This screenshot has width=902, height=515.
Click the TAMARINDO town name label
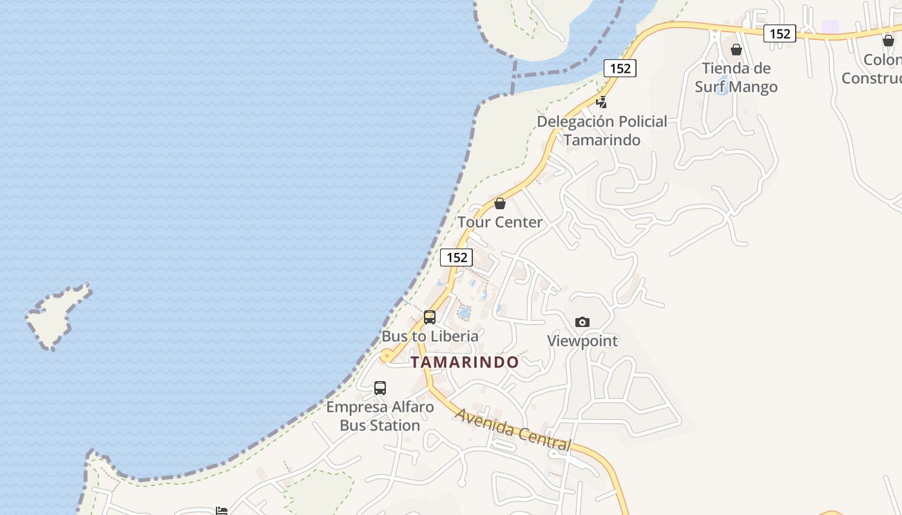click(x=465, y=362)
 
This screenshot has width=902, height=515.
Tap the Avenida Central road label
click(x=513, y=429)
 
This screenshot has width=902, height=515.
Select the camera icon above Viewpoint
click(x=582, y=322)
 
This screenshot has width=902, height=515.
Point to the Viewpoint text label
click(x=582, y=341)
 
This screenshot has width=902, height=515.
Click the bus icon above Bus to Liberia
click(x=430, y=317)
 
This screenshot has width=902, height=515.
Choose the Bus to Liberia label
click(x=430, y=336)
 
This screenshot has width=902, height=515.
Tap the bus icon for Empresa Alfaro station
click(x=380, y=388)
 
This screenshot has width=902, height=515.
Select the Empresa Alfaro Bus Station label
click(x=380, y=416)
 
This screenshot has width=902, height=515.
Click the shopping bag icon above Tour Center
click(x=500, y=204)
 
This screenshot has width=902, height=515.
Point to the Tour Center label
click(x=500, y=222)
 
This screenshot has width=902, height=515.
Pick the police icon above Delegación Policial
click(x=601, y=102)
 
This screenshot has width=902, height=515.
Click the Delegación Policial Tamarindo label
click(x=602, y=131)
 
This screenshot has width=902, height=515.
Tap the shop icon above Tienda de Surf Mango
click(x=736, y=50)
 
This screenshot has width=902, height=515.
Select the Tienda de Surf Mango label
click(x=736, y=77)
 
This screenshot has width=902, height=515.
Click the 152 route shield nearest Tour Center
click(x=457, y=257)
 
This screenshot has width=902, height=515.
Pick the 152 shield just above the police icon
click(x=620, y=68)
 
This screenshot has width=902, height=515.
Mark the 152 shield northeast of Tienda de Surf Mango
click(x=780, y=33)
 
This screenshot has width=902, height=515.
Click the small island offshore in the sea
click(x=57, y=315)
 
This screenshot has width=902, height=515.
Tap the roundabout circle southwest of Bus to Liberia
click(x=387, y=355)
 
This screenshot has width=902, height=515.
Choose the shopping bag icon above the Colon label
click(x=888, y=41)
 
